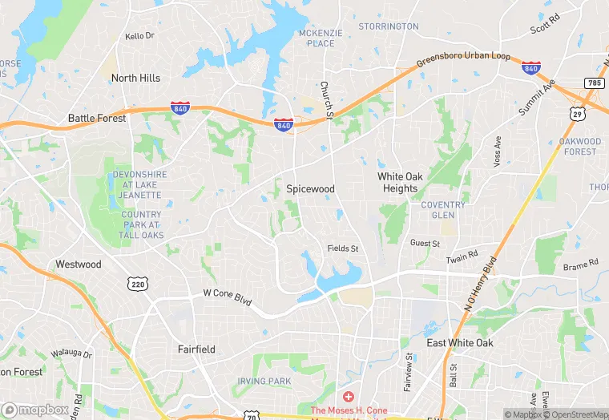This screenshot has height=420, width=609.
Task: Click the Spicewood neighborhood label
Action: point(310,188)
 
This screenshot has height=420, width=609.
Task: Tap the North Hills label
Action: point(135,78)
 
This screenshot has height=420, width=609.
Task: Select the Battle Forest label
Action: point(97,118)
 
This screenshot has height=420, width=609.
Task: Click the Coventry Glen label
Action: point(443,209)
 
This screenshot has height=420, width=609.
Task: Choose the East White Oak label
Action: point(460,343)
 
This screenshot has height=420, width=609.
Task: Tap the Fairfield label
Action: point(196,349)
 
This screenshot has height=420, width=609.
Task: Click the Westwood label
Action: point(79,264)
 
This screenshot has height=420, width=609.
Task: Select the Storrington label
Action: point(389,26)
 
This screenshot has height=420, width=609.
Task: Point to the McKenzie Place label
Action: point(321,38)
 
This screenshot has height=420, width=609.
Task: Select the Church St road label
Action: point(326,100)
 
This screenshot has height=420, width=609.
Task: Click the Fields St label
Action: point(342,248)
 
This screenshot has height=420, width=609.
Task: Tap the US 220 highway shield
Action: point(136,283)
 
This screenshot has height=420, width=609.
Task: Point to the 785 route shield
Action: point(594,83)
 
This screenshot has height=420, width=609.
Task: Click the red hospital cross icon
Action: point(349,397)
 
